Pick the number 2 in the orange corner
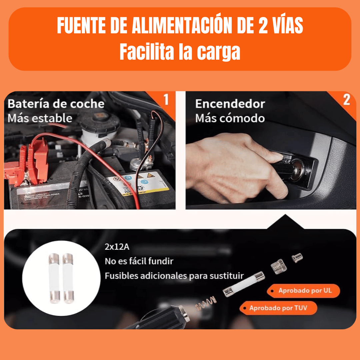pos(347,100)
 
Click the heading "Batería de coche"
pos(56,104)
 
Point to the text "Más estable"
pos(40,118)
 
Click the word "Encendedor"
pos(230,104)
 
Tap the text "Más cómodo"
pos(230,118)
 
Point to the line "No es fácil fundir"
pos(139,261)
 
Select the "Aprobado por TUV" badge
pos(278,308)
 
